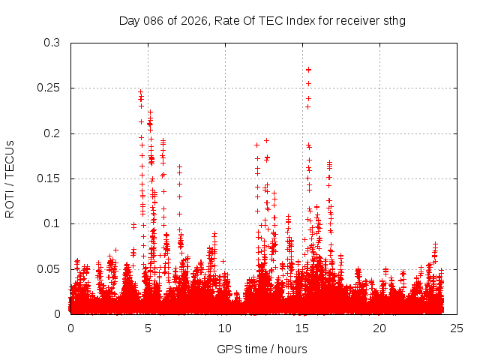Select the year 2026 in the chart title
click(191, 20)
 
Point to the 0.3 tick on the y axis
click(52, 43)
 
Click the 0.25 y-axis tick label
click(49, 88)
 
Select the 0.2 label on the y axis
click(52, 133)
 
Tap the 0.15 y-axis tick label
click(49, 178)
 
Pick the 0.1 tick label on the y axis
click(52, 223)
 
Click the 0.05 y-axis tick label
click(49, 268)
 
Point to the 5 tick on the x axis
click(148, 328)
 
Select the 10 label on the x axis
click(225, 328)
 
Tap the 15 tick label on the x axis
click(302, 328)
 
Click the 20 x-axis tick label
click(379, 328)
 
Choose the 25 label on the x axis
click(457, 328)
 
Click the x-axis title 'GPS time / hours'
click(263, 349)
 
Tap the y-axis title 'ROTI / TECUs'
click(10, 178)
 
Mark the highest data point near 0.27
click(308, 70)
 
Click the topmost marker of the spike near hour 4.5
click(140, 92)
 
